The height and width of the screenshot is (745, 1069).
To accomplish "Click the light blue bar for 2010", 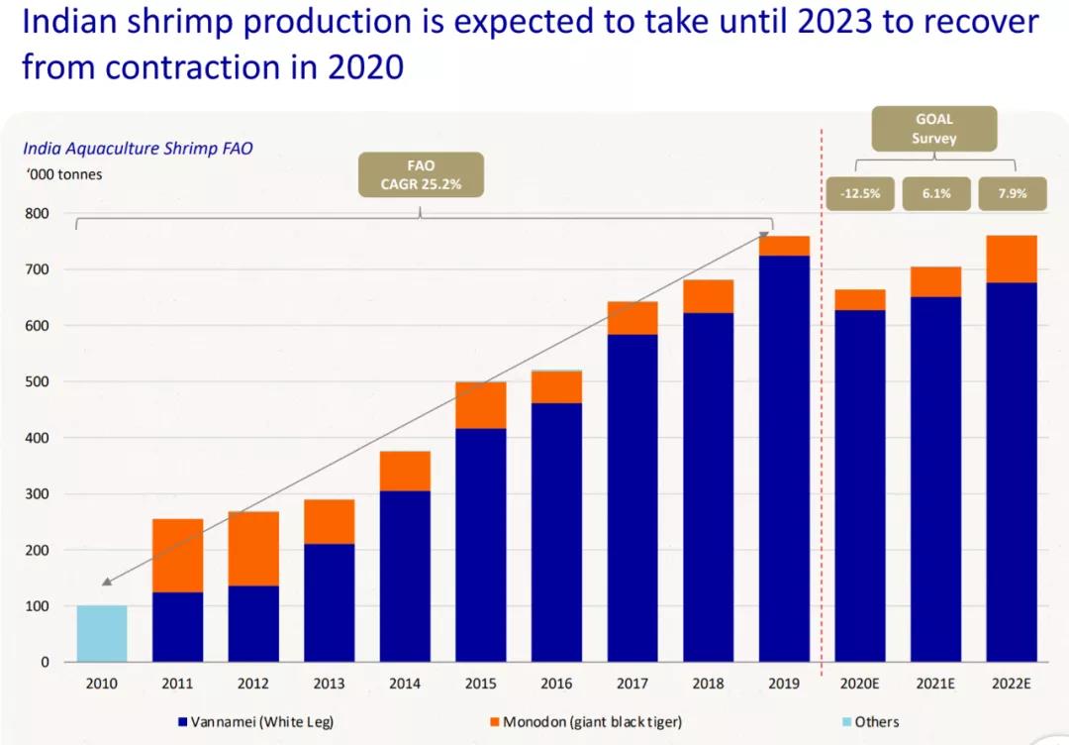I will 102,633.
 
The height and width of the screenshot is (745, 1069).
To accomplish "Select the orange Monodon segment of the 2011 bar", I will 177,555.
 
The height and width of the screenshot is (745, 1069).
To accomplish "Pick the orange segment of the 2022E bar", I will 1011,259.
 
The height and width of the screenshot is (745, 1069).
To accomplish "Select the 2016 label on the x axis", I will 556,683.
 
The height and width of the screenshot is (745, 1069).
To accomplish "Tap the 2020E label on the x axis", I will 859,683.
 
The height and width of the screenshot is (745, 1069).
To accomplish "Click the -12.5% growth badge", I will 859,194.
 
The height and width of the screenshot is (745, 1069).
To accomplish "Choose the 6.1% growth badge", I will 935,194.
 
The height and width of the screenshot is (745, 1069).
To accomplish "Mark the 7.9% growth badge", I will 1012,194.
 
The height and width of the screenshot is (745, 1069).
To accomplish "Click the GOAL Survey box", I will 933,129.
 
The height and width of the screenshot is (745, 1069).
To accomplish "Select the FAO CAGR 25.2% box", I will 420,174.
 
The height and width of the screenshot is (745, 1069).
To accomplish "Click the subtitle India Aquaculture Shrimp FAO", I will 138,150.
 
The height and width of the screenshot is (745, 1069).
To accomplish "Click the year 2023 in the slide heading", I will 790,22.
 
